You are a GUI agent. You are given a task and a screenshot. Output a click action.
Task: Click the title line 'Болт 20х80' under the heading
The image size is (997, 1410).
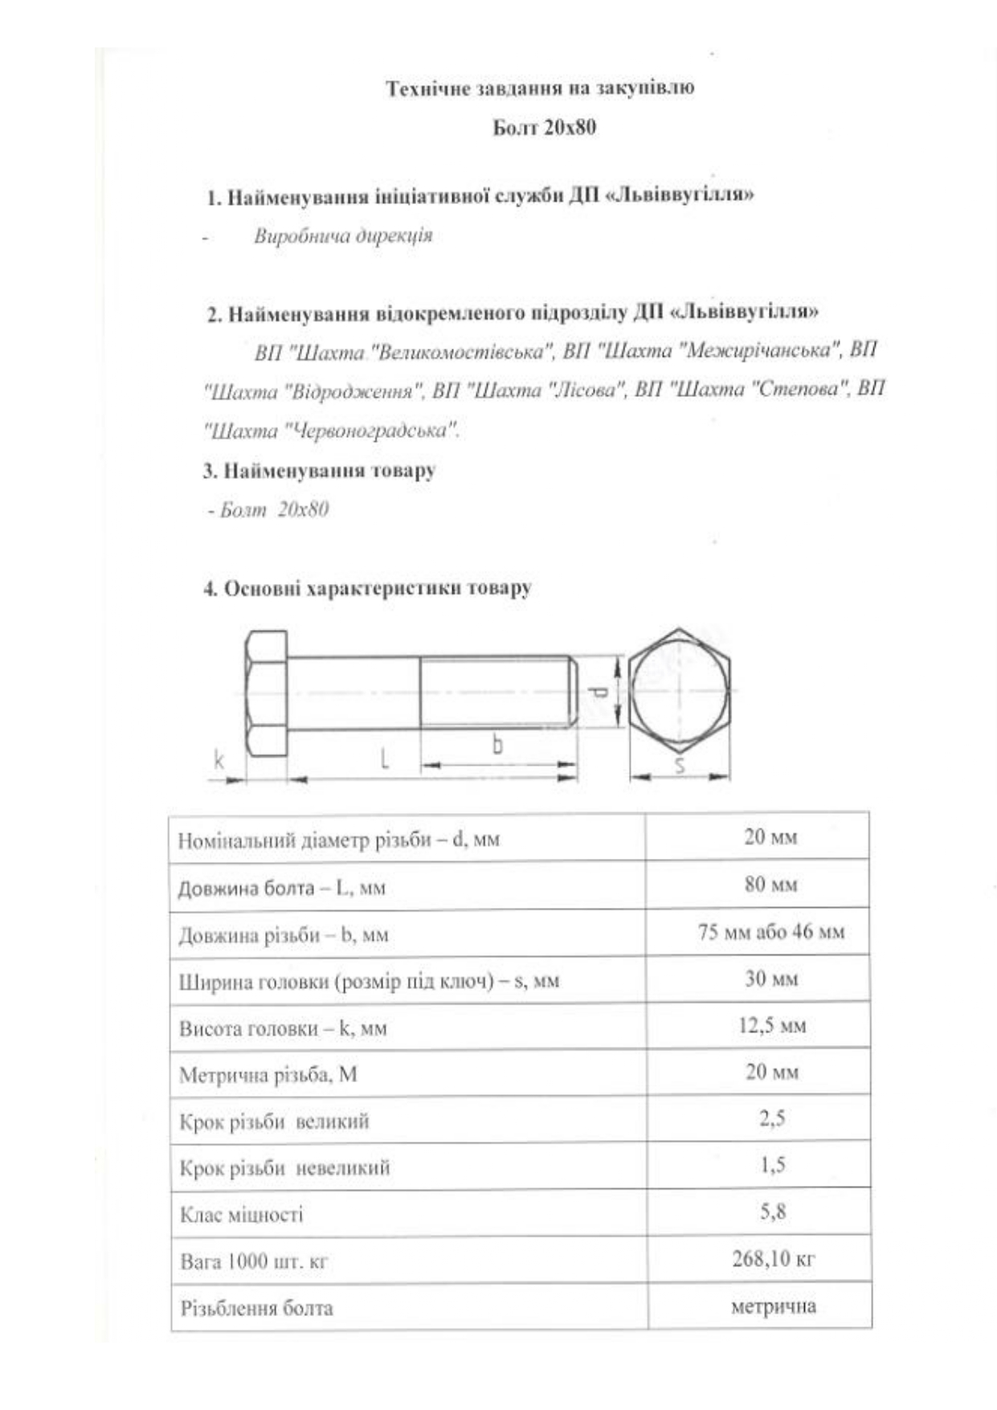point(544,128)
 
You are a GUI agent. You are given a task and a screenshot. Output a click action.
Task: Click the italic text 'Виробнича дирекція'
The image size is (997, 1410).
point(343,236)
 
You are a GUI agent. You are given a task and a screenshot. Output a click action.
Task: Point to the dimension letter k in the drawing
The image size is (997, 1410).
point(218,758)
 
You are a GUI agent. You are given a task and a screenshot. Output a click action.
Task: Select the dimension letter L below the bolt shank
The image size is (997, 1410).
point(385,757)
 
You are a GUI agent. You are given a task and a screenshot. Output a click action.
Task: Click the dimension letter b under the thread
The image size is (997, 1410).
point(497,746)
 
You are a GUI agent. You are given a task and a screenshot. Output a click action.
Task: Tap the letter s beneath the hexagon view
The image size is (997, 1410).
point(680,765)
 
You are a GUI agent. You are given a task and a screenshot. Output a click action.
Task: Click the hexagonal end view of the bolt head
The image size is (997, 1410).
point(679,691)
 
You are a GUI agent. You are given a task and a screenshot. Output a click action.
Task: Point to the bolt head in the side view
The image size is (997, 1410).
point(266,693)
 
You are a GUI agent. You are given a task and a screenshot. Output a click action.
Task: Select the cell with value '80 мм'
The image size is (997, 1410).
point(770,885)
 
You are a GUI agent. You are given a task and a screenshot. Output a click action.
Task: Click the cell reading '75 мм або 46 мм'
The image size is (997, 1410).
point(770,932)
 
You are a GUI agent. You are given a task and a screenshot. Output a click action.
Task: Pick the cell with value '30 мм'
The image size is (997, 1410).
point(770,979)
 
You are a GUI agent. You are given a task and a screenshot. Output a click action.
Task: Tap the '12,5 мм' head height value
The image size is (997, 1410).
point(771,1025)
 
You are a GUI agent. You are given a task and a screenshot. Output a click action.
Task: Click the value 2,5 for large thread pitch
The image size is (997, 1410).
point(772,1118)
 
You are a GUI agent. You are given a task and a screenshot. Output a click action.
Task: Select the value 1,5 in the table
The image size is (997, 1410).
point(772,1165)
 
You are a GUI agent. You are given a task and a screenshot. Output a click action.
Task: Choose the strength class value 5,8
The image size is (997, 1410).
point(772,1212)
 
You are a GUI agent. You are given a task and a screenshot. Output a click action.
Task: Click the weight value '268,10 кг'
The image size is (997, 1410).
point(772,1259)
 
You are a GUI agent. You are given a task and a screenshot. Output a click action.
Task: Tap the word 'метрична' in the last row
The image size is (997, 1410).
point(773,1306)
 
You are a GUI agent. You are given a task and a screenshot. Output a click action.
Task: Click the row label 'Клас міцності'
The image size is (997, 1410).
point(241,1214)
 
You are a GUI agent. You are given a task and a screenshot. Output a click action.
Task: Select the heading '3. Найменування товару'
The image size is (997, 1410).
point(319,471)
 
